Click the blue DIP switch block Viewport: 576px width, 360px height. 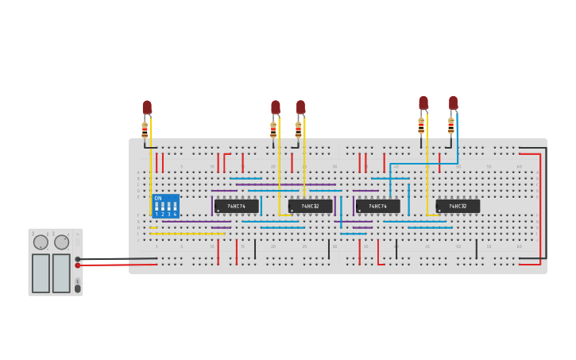(x=165, y=206)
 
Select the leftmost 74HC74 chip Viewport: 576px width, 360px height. (x=236, y=206)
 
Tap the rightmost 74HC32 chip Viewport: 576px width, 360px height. (x=458, y=206)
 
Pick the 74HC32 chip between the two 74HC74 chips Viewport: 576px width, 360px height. (x=310, y=206)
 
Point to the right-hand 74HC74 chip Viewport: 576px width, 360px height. (x=377, y=206)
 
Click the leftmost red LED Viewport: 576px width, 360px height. (x=147, y=107)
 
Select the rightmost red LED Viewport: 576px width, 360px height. (x=453, y=103)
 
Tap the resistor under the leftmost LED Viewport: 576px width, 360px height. (x=145, y=129)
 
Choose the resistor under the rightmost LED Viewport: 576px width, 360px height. (x=450, y=126)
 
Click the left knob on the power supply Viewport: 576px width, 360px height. (x=41, y=242)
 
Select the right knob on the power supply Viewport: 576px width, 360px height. (x=61, y=242)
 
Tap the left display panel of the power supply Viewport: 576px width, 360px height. (x=41, y=273)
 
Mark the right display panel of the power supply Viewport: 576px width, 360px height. (x=61, y=273)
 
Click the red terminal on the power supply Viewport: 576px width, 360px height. (x=77, y=265)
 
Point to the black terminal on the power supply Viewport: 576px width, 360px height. (x=77, y=259)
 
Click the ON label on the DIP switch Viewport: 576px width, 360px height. (x=157, y=198)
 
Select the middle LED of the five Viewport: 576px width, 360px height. (x=300, y=107)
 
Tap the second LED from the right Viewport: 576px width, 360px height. (x=423, y=103)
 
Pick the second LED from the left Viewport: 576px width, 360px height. (x=276, y=107)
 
